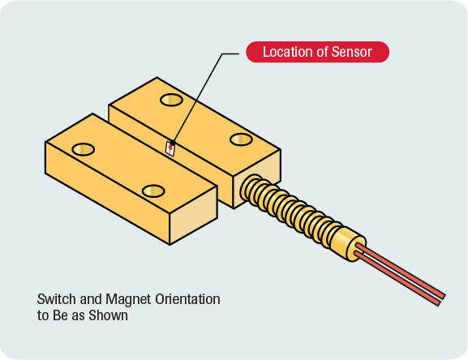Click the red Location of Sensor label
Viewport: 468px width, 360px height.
tap(317, 52)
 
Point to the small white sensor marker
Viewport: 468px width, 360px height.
tap(170, 148)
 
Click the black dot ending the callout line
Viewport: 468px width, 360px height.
tap(173, 144)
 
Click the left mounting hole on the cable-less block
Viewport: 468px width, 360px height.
tap(84, 149)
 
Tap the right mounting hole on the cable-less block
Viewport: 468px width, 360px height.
tap(153, 191)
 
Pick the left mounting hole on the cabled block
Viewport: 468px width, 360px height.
tap(171, 100)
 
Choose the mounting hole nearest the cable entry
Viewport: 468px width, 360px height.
tap(241, 139)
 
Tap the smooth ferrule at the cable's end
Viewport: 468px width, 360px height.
tap(349, 244)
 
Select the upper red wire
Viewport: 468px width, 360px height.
tap(400, 271)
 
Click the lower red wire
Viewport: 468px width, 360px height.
tap(397, 279)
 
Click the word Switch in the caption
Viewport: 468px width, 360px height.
tap(57, 299)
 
